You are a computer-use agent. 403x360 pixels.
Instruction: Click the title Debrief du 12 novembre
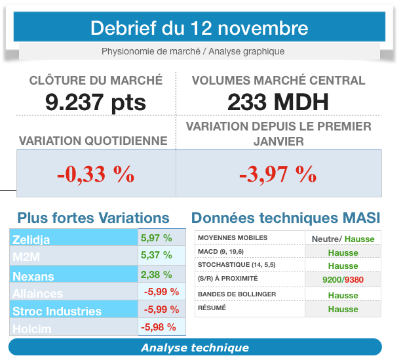click(x=199, y=29)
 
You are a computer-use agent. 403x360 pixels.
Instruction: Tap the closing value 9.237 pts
click(x=96, y=102)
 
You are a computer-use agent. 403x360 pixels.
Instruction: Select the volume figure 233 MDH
click(x=278, y=102)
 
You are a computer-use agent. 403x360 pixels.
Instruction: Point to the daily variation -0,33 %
click(x=95, y=174)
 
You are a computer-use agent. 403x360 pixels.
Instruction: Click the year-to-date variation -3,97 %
click(x=278, y=174)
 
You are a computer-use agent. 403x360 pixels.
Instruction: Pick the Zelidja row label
click(x=31, y=240)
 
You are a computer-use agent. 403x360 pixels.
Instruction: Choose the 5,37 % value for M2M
click(x=157, y=255)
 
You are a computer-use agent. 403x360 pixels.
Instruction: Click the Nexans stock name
click(x=33, y=276)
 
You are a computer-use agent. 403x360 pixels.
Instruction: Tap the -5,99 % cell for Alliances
click(x=161, y=291)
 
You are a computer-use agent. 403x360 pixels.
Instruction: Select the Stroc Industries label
click(x=58, y=311)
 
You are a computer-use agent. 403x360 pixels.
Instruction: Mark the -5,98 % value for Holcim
click(x=159, y=327)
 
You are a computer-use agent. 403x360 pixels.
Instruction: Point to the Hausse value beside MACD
click(x=343, y=252)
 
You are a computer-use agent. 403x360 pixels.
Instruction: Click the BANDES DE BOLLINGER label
click(x=237, y=294)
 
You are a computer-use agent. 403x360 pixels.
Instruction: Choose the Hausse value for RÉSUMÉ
click(x=343, y=310)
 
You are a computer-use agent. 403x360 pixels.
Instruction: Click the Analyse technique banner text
click(x=195, y=348)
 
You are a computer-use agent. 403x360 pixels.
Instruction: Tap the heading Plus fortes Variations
click(x=93, y=218)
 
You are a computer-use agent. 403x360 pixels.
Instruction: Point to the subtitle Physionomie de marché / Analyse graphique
click(x=193, y=51)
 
